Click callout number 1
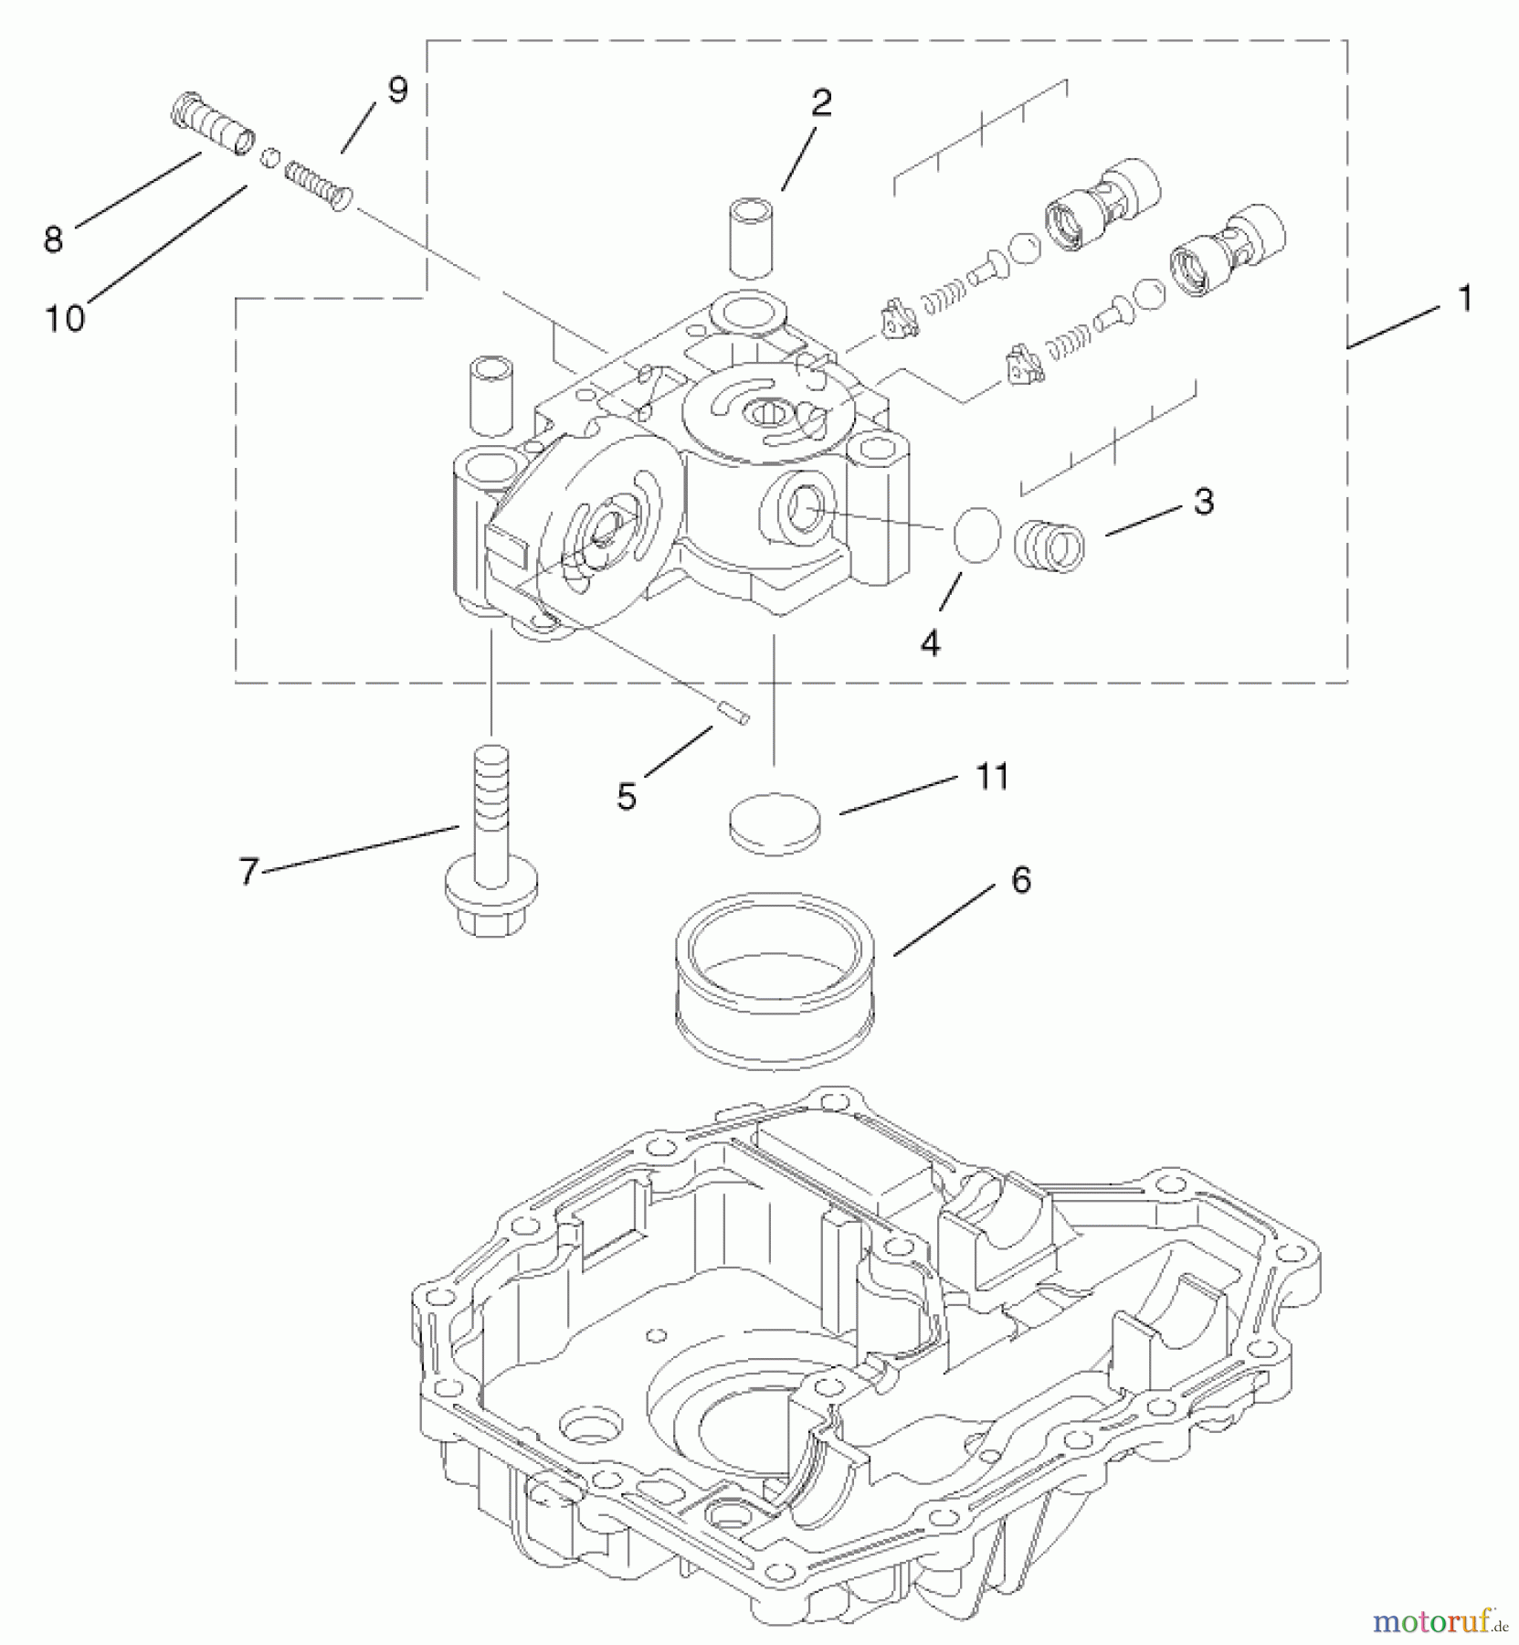1464,298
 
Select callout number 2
821,103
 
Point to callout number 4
929,644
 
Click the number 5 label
626,796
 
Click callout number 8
54,239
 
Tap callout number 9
396,90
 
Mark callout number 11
992,777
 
